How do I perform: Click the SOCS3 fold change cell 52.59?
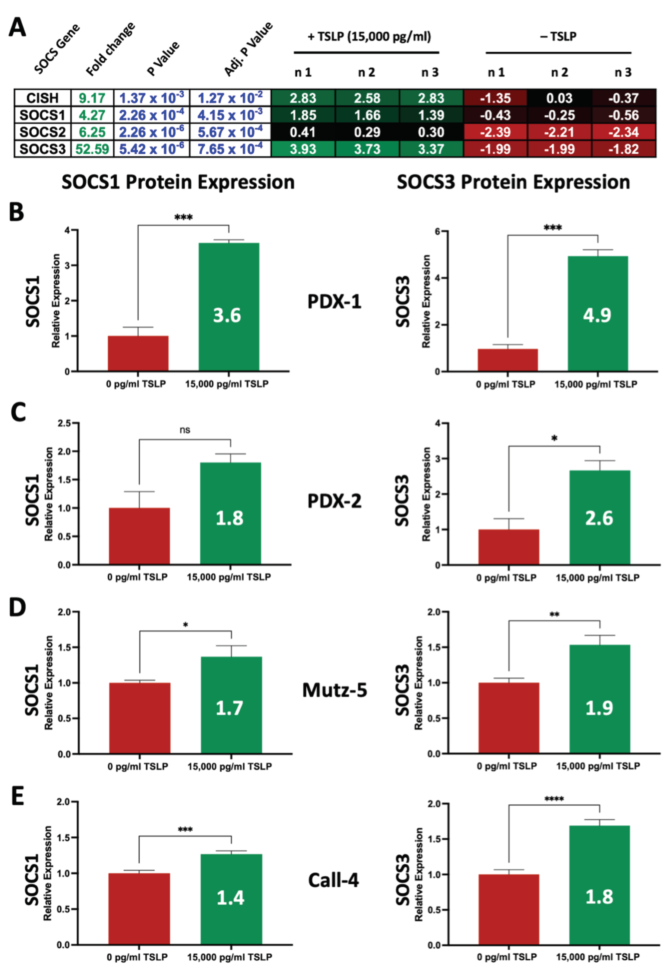(x=92, y=149)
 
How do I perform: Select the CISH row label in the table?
(x=42, y=98)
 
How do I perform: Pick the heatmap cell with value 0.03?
(x=559, y=98)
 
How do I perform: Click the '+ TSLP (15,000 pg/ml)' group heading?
(x=369, y=37)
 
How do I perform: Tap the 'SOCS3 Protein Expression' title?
(x=513, y=182)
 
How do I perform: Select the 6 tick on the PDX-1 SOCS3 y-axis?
(x=437, y=231)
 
